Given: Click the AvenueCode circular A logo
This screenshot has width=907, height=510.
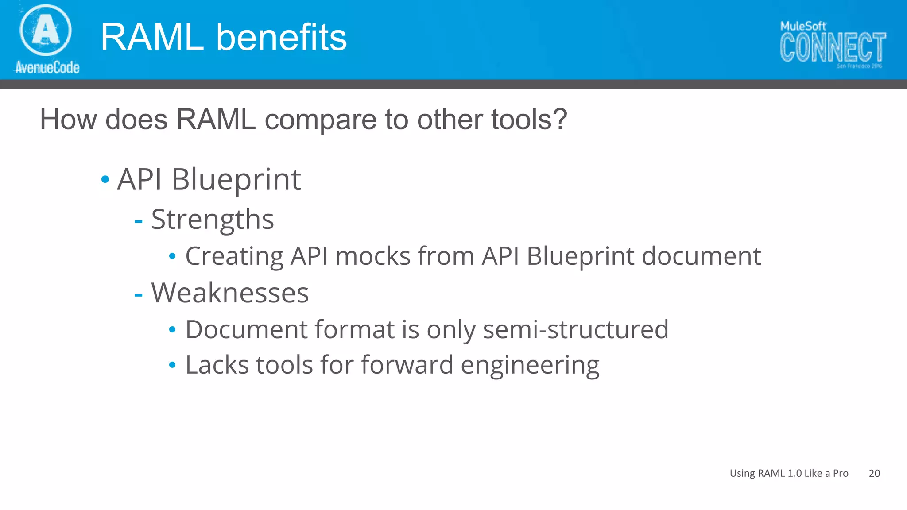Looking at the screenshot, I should (x=46, y=30).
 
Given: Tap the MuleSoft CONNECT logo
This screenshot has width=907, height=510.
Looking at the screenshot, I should (x=833, y=44).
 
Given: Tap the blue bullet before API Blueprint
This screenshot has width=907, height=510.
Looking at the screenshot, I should (x=105, y=180).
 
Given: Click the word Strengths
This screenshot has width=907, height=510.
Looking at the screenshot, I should (x=213, y=220).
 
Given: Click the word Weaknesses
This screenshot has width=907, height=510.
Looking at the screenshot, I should (x=230, y=293).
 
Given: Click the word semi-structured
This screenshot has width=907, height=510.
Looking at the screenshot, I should (x=575, y=330).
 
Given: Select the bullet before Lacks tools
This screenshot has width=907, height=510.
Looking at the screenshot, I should (x=172, y=365).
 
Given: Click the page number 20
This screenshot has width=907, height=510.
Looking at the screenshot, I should (x=874, y=473).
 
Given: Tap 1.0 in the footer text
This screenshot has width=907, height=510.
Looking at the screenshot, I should (x=795, y=473).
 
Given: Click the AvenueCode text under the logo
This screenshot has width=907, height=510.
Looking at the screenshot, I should (x=47, y=67).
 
